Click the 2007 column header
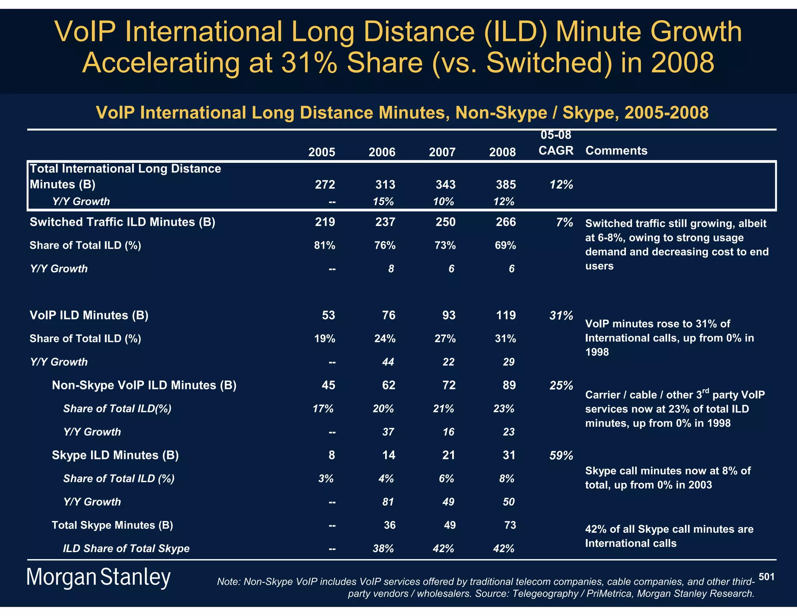coord(442,152)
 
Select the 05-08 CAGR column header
coord(556,143)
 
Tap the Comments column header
coord(616,151)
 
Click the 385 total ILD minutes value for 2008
coord(506,184)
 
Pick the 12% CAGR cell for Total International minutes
coord(561,185)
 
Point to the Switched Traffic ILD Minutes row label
coord(122,222)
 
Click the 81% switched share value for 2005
coord(325,245)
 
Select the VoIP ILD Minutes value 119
coord(506,315)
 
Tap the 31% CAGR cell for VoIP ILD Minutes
coord(561,315)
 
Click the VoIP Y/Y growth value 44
coord(388,362)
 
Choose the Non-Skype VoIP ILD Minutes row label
coord(144,385)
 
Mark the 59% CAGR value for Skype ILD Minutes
coord(561,455)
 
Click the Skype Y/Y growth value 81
coord(388,502)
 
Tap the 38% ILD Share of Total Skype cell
coord(383,549)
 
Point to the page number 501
coord(766,577)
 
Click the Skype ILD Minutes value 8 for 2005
coord(332,455)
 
